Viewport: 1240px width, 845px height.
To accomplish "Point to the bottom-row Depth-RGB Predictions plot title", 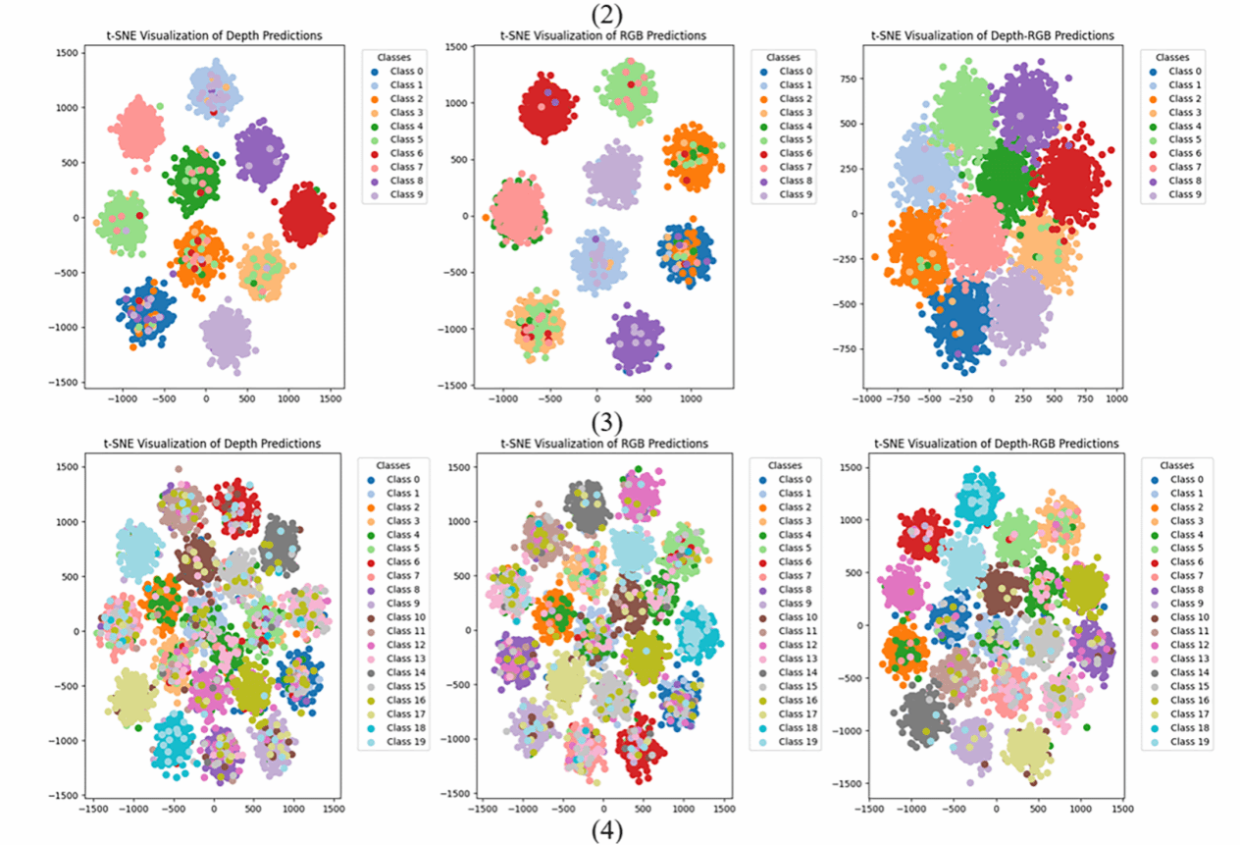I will coord(996,444).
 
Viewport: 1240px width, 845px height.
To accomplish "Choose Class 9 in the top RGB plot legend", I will coord(797,194).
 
